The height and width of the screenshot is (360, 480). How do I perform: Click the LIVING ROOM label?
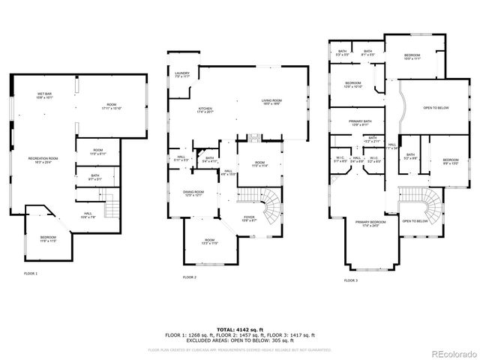click(271, 101)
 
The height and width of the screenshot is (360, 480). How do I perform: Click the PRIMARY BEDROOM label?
click(371, 223)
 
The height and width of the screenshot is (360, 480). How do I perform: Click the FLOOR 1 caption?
click(31, 273)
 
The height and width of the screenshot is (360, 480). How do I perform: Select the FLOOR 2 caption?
click(189, 277)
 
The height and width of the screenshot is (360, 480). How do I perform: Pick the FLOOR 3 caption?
click(351, 280)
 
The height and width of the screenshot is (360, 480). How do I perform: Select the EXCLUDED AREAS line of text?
click(240, 340)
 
